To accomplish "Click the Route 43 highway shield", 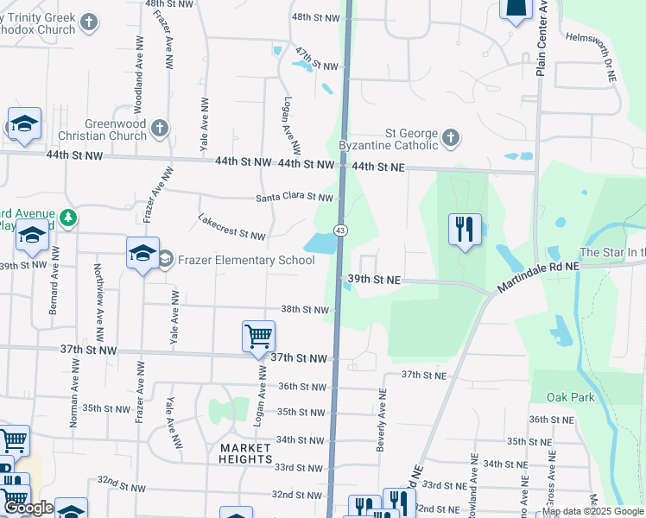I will pyautogui.click(x=341, y=231).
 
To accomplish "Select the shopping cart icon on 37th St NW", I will pyautogui.click(x=259, y=337).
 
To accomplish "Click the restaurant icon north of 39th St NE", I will pyautogui.click(x=465, y=230).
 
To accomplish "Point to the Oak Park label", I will pyautogui.click(x=571, y=397).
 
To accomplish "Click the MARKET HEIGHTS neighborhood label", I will pyautogui.click(x=246, y=453).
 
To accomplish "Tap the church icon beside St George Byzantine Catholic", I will pyautogui.click(x=450, y=138).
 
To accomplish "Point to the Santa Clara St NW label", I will pyautogui.click(x=294, y=198).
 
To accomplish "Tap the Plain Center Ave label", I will pyautogui.click(x=542, y=39).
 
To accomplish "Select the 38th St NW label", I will pyautogui.click(x=305, y=310).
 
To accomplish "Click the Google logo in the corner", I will pyautogui.click(x=28, y=509).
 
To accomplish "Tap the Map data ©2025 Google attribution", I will pyautogui.click(x=593, y=511).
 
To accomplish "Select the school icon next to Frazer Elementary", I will pyautogui.click(x=143, y=254).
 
